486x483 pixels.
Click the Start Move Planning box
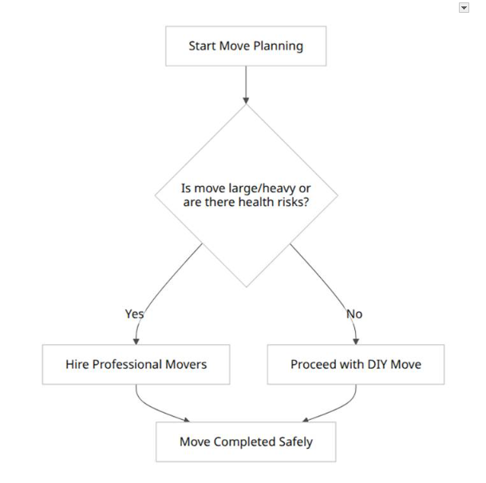(246, 46)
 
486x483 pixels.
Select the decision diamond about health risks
(246, 196)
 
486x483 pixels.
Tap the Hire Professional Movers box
(136, 364)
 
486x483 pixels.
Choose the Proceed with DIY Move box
(356, 364)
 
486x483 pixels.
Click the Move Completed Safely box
(246, 441)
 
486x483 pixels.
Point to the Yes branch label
(134, 314)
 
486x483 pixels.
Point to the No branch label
(354, 314)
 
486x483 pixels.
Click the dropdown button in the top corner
(464, 8)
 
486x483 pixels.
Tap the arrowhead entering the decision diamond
(246, 101)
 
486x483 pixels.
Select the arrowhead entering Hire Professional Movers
(136, 342)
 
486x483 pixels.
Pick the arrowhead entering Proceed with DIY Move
(356, 342)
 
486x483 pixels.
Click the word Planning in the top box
(279, 46)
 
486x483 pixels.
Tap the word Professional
(128, 364)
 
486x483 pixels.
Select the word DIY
(377, 364)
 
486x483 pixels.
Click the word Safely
(296, 442)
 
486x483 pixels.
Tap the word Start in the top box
(203, 46)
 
